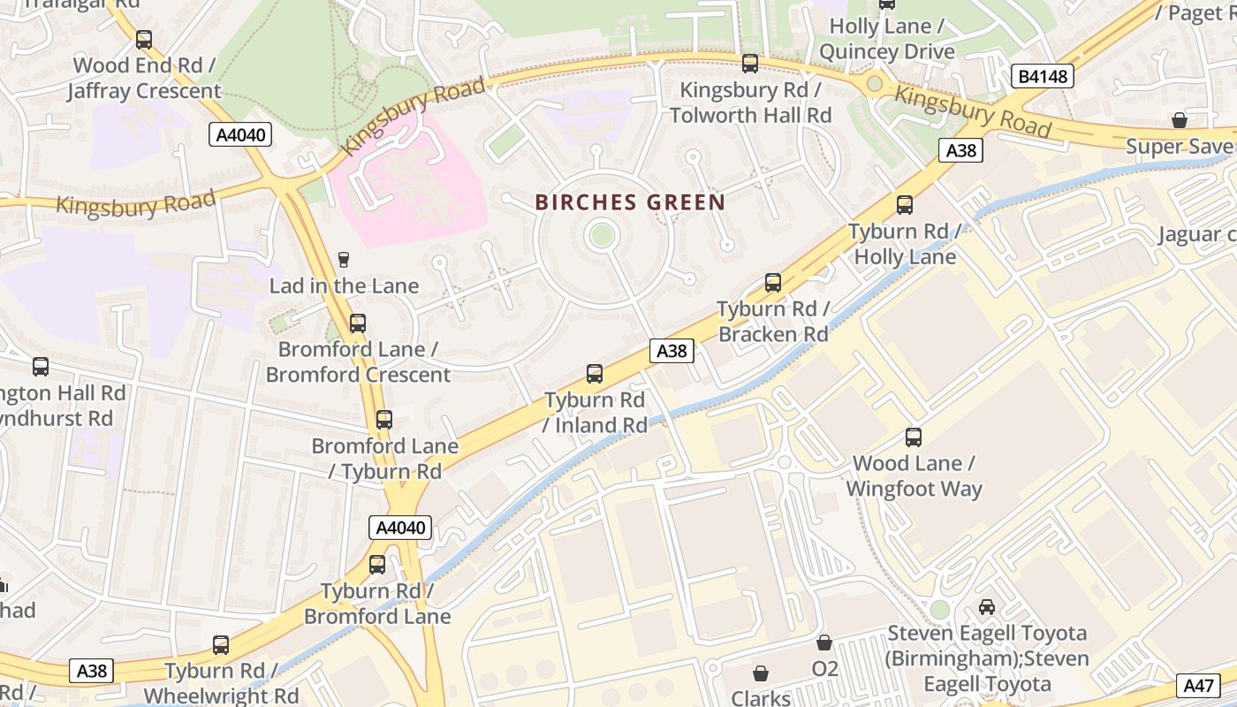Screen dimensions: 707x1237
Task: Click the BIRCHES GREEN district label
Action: (x=630, y=202)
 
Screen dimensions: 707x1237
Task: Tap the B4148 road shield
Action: (x=1043, y=77)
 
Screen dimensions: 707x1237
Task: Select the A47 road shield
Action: (x=1198, y=685)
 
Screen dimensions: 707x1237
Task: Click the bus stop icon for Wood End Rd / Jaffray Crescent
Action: (x=144, y=40)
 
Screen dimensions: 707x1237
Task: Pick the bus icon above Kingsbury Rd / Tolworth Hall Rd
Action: (x=750, y=64)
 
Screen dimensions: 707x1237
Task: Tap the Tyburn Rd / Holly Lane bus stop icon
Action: (x=905, y=205)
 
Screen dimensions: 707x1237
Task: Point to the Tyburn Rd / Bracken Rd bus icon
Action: (x=773, y=283)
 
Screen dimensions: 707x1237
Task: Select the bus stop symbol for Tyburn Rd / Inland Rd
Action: (x=595, y=374)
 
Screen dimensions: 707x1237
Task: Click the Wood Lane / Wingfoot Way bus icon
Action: (x=914, y=437)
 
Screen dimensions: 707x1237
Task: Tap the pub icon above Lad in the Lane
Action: (x=344, y=259)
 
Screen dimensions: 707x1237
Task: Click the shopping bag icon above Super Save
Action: (x=1179, y=120)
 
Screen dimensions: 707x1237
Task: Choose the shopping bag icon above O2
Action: (x=823, y=642)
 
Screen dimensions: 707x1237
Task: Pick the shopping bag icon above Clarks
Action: (x=760, y=673)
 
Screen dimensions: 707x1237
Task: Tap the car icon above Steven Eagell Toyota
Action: (x=987, y=607)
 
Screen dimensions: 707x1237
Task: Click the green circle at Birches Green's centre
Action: (x=602, y=235)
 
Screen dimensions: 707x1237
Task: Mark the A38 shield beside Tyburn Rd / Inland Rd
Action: (x=672, y=351)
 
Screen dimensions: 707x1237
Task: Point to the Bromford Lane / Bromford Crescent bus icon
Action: (x=358, y=323)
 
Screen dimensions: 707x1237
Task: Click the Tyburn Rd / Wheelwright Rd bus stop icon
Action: (x=221, y=645)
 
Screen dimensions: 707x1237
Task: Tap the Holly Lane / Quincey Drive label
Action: (x=886, y=40)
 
